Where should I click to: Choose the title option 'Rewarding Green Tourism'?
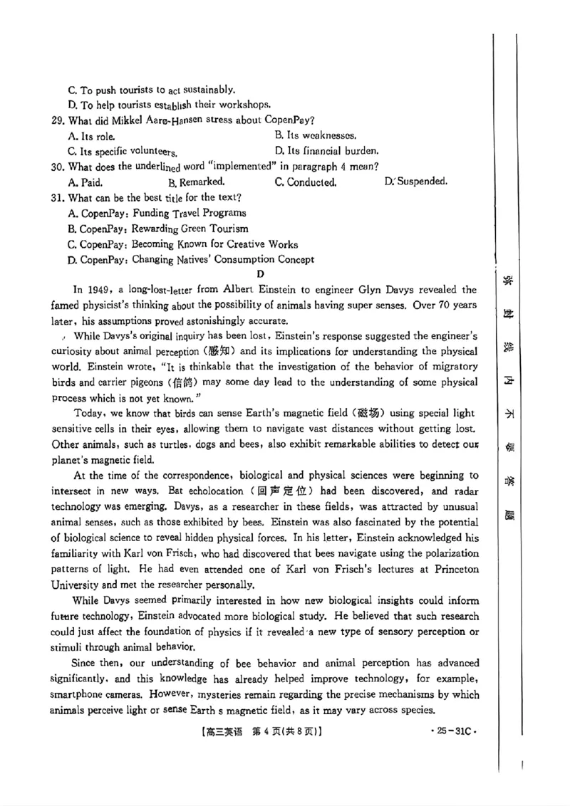(190, 228)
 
